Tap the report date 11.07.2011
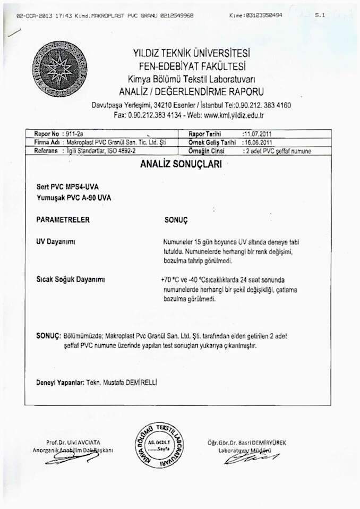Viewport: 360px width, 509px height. coord(256,134)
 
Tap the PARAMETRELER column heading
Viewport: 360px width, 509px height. coord(63,219)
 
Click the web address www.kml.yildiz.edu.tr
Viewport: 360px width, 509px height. coord(234,115)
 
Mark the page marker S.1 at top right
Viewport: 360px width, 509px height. coord(319,16)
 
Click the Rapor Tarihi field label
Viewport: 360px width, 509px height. coord(204,134)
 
